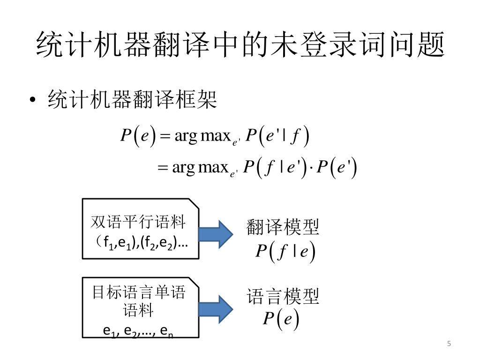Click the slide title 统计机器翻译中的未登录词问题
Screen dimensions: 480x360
pos(240,45)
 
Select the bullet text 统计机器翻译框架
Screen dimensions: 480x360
pos(132,99)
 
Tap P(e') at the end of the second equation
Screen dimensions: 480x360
pos(337,168)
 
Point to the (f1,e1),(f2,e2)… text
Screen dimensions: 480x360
pos(141,242)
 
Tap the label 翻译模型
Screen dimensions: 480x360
pos(283,228)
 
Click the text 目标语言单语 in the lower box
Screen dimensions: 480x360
pos(139,293)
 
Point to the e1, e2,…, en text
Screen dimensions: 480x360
pos(139,330)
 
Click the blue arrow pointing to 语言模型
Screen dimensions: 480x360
pos(216,307)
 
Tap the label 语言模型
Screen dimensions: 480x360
pos(283,296)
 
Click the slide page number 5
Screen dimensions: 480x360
pos(449,345)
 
